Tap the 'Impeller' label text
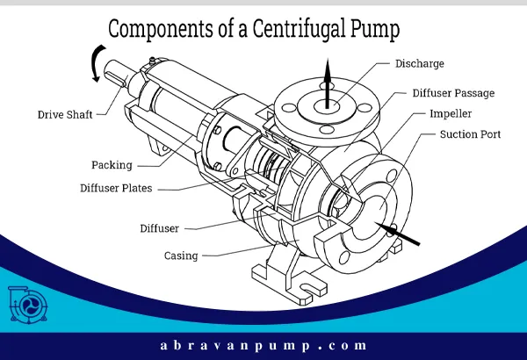tap(452, 114)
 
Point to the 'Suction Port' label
tap(470, 135)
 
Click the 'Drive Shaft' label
tap(67, 114)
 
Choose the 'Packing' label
tap(112, 164)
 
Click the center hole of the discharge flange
tap(327, 104)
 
